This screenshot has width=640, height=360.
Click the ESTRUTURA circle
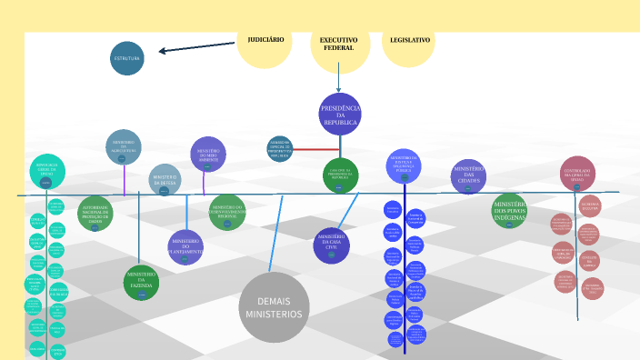tap(127, 58)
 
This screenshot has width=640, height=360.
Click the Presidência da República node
tap(340, 115)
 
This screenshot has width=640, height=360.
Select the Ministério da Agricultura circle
tap(124, 147)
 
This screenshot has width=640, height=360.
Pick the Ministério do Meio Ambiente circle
tap(208, 154)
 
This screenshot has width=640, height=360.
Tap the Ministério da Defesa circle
tap(165, 180)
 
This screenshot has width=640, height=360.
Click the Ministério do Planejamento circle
tap(185, 246)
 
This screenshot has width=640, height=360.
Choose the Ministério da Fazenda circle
tap(142, 283)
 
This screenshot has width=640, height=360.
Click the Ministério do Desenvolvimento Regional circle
tap(227, 211)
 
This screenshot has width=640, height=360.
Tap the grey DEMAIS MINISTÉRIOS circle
tap(275, 307)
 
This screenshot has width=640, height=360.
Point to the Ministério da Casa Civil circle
tap(332, 245)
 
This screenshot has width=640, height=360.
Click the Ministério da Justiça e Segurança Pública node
tap(404, 165)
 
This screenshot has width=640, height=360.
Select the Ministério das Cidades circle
tap(469, 176)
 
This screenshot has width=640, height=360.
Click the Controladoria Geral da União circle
tap(577, 174)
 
